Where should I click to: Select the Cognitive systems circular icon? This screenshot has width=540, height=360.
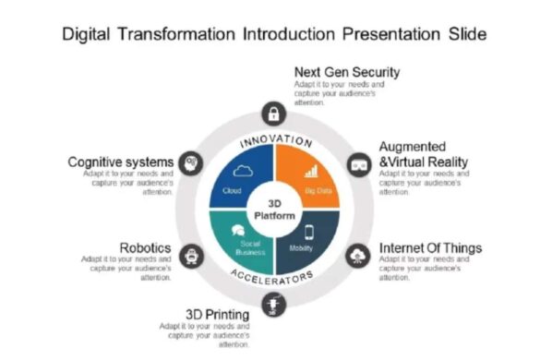coord(190,162)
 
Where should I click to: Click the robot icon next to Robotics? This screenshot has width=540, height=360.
coord(190,255)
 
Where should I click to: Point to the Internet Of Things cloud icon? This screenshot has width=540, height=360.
coord(357,255)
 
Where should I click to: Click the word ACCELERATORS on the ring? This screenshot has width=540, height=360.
coord(273,278)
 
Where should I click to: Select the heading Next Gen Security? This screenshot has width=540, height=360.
coord(347,72)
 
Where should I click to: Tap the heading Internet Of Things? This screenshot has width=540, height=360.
coord(430,248)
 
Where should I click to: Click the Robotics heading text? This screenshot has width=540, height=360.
coord(147,247)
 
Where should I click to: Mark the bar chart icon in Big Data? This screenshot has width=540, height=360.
coord(313,171)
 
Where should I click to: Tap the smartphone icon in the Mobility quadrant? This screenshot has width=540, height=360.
coord(309,231)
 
